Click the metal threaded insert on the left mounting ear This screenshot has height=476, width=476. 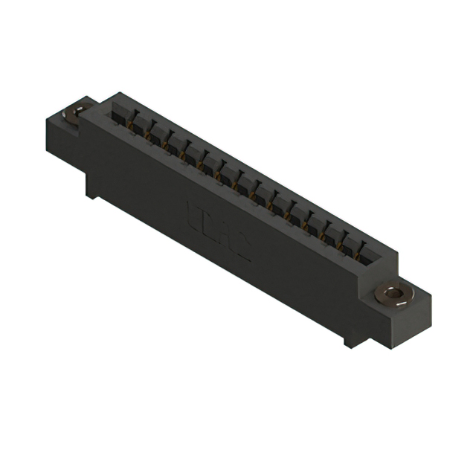[x=74, y=113]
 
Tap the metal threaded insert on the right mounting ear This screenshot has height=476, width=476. [x=393, y=292]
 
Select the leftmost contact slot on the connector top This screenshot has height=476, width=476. [x=121, y=112]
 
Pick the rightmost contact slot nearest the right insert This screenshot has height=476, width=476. [x=367, y=251]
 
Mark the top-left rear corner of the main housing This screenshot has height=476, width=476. [x=113, y=94]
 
